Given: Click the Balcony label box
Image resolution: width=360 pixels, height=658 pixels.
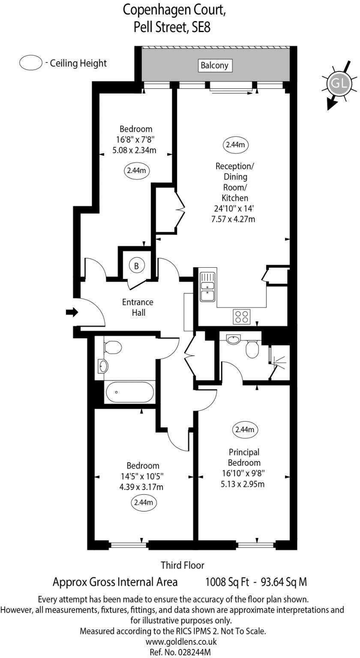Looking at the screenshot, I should coord(216,66).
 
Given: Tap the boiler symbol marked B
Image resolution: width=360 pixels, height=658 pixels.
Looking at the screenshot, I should coord(136,266).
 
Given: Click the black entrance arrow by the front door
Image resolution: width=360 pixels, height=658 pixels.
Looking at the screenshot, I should coord(72,312).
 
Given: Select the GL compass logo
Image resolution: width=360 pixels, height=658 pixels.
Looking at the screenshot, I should coord(339,84).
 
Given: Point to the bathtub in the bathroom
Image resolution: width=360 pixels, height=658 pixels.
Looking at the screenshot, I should coord(129,392).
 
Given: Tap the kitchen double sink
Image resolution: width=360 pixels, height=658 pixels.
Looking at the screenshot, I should coord(207,287).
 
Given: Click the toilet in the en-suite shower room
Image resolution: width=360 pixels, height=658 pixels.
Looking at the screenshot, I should coord(252,349).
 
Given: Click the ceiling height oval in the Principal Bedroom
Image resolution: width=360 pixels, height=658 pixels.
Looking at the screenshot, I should coord(245,429).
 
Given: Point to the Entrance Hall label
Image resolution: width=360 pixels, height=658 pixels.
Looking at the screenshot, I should coord(138,307).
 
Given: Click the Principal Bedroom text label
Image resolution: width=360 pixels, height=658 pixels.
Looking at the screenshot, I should coord(244,457).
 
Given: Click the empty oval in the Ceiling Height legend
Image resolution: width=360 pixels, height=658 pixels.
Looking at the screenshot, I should coord(30,63).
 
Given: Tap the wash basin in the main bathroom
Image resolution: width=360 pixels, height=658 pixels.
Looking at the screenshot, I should coord(103,366).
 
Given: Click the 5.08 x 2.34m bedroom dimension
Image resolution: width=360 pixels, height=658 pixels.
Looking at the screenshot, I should coord(134,150).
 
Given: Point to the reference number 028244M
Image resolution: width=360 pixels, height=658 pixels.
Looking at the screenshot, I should coord(180,652).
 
